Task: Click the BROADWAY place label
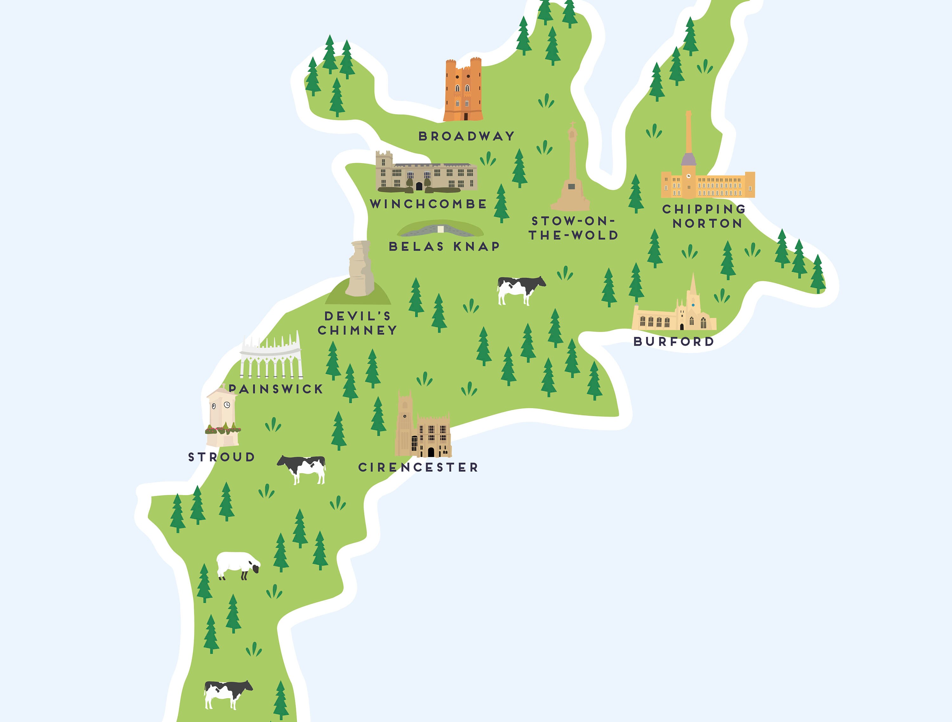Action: pos(466,136)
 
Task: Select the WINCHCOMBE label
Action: pos(428,204)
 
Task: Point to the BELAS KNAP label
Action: pos(444,247)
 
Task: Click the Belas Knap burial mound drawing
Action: pos(440,229)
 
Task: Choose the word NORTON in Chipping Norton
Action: pos(708,224)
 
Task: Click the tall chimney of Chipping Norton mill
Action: pos(689,134)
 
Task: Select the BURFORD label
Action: pos(674,342)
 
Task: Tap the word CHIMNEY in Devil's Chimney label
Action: pos(357,331)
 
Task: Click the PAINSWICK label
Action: pos(276,389)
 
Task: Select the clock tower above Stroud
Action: pos(222,416)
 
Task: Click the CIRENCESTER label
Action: pos(418,467)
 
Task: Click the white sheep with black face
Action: pos(238,565)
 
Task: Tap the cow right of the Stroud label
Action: pos(302,469)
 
